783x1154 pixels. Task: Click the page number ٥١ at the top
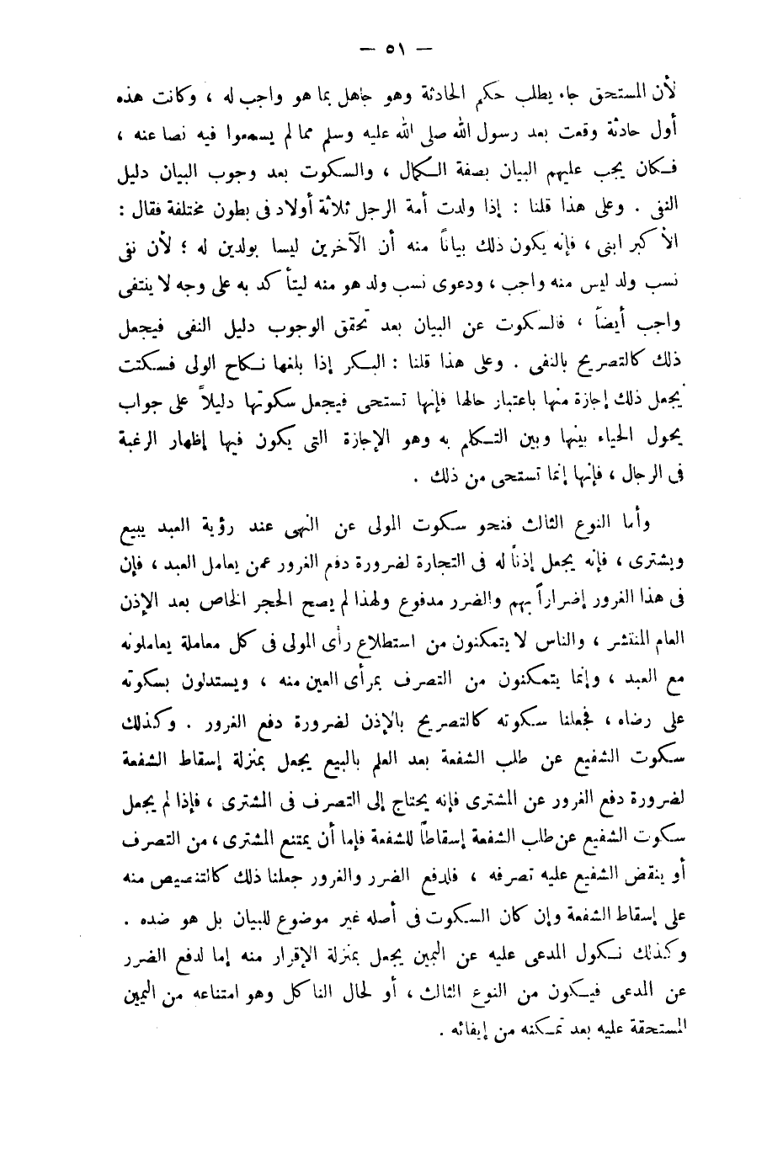(x=392, y=47)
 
